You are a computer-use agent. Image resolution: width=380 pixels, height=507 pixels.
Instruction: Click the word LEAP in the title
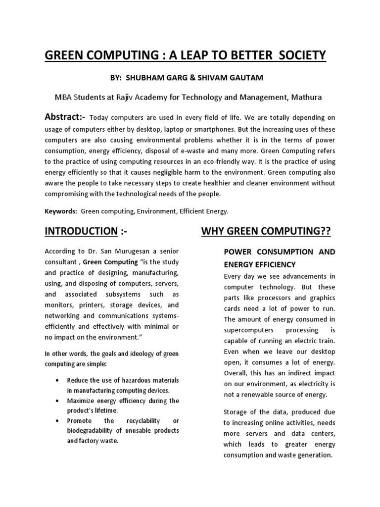tap(176, 55)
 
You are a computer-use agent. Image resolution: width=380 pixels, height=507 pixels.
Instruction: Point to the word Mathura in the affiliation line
tap(306, 97)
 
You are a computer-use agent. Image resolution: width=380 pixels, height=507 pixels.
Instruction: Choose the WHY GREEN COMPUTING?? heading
tap(266, 231)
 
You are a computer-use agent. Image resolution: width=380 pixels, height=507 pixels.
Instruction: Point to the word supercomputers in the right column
tap(249, 329)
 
